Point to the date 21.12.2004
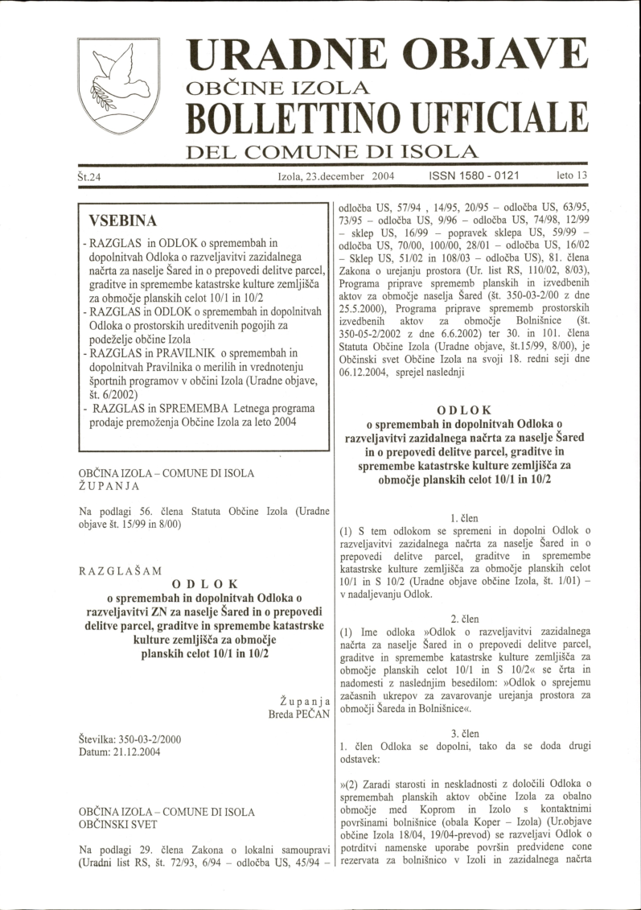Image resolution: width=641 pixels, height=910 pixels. coord(139,751)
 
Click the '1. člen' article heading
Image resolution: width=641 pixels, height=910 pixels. coord(464,519)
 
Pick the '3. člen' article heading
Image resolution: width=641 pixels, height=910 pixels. coord(464,733)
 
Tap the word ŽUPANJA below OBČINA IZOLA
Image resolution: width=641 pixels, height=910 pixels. coord(109,486)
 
